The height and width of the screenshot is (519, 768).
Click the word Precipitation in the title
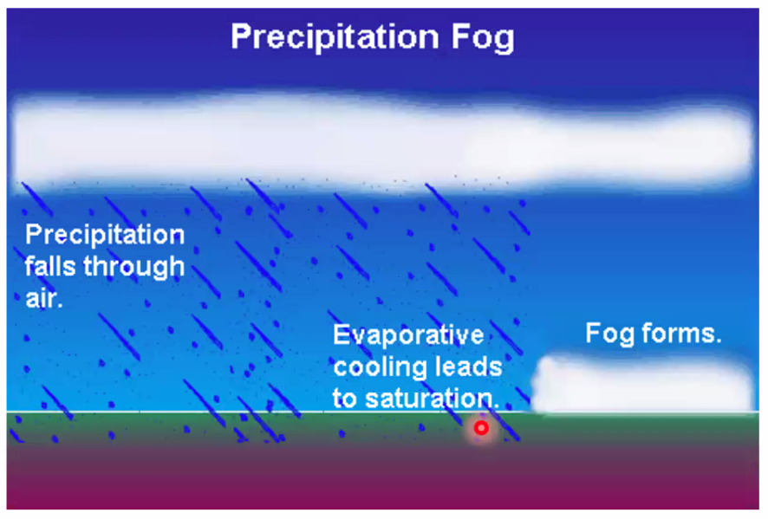[x=335, y=37]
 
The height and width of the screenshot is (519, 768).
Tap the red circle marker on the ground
[x=481, y=428]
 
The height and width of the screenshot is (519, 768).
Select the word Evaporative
[x=408, y=335]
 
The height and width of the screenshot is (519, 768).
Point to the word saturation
[x=432, y=398]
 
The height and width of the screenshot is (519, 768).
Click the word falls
[x=50, y=267]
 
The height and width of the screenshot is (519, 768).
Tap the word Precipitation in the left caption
[x=105, y=235]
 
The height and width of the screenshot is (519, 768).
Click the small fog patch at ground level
[x=643, y=385]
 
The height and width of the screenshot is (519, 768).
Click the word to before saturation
[x=345, y=398]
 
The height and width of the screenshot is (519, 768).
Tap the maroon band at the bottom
[x=382, y=477]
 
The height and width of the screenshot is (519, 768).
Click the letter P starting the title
[x=240, y=36]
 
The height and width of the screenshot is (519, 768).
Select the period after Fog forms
[x=719, y=341]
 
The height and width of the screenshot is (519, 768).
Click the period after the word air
[x=60, y=306]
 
